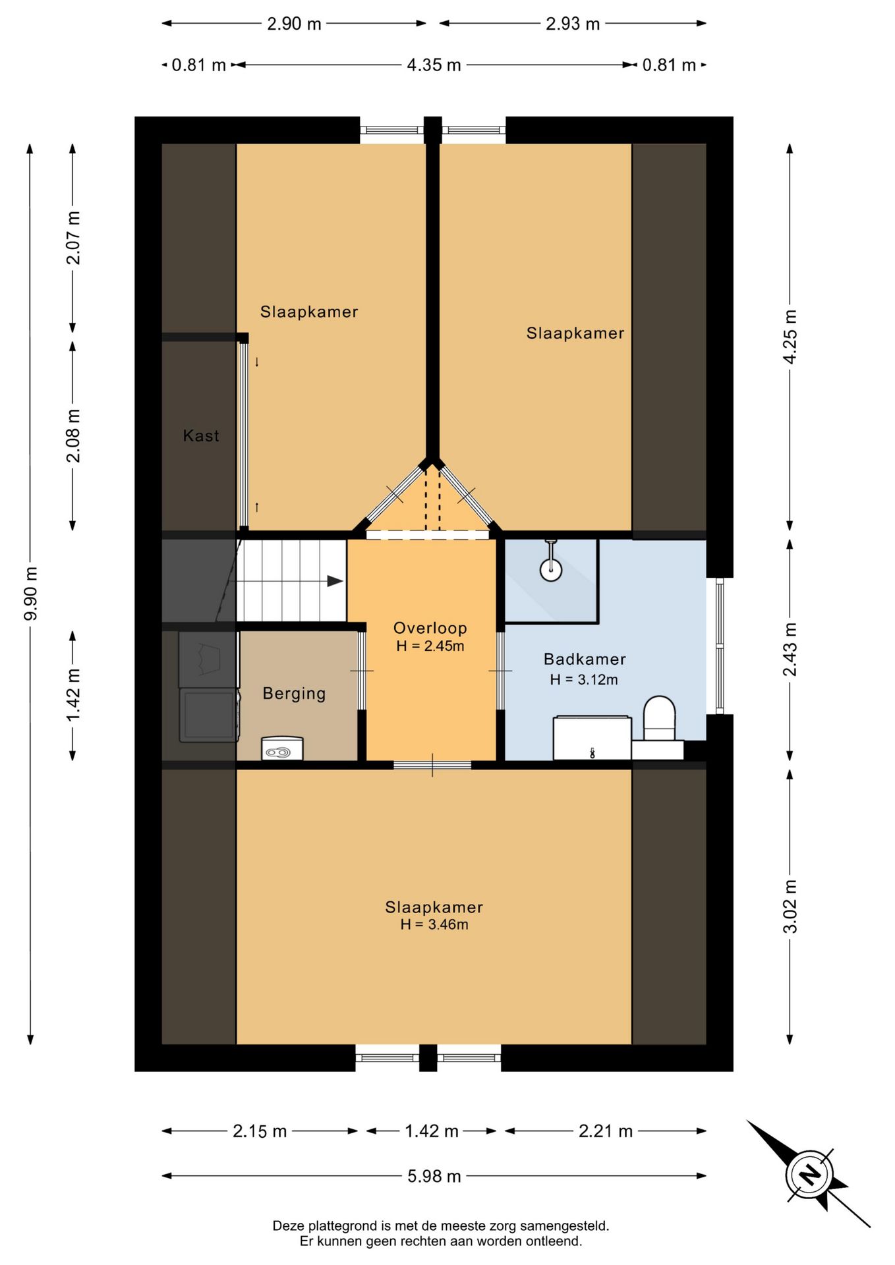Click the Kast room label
click(201, 436)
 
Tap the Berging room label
click(294, 694)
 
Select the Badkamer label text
click(585, 659)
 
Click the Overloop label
click(430, 628)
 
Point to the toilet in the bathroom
click(660, 718)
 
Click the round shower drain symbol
click(551, 570)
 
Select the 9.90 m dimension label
click(30, 593)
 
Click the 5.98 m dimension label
click(434, 1176)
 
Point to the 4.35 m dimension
click(434, 65)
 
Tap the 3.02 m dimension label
click(790, 907)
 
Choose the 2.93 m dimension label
click(573, 24)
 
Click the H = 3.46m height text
click(434, 924)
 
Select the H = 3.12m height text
click(584, 679)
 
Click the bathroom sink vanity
click(592, 738)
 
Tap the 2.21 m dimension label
click(606, 1131)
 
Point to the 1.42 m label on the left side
click(72, 695)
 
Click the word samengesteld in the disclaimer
click(565, 1226)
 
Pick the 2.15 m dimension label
click(260, 1131)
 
